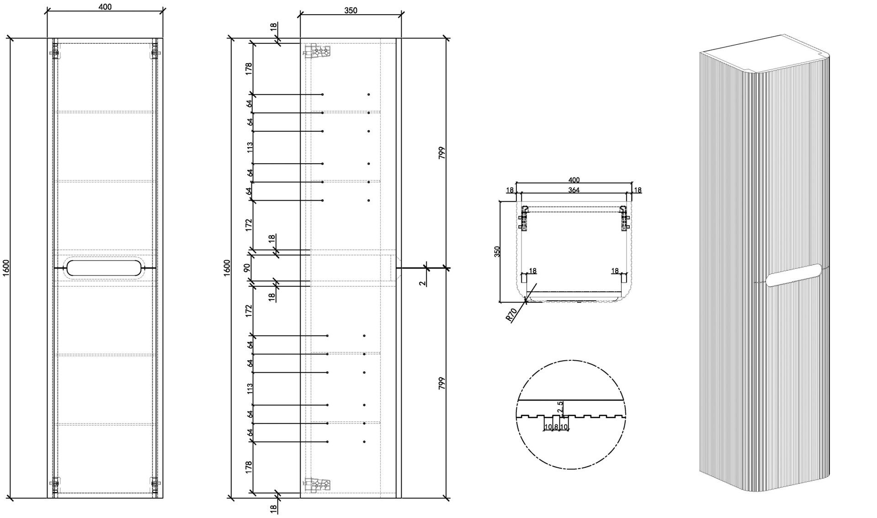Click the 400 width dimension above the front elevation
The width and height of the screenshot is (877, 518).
coord(105,7)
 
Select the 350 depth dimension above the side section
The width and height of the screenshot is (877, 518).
coord(351,11)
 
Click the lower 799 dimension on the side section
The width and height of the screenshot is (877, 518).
coord(441,383)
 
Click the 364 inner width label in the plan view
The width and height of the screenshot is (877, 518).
coord(574,190)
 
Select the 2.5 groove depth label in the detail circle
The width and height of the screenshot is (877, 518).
coord(561,407)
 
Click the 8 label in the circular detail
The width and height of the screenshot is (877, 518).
coord(556,427)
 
